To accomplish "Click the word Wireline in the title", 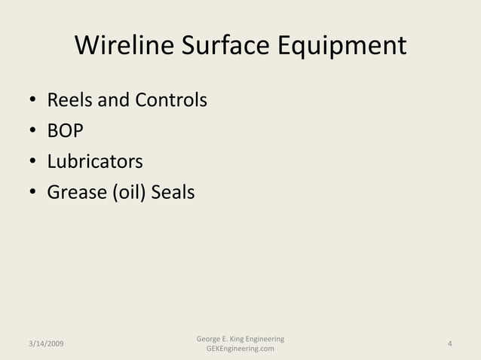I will tap(124, 47).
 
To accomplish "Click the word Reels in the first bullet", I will tap(68, 99).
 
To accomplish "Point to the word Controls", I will tap(170, 99).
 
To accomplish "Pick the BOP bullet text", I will tap(66, 131).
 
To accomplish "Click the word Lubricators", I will tap(95, 162).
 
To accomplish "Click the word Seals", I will tap(173, 193).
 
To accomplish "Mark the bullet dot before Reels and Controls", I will tap(34, 101).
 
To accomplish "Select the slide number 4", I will tap(449, 344).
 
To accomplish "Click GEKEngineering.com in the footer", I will tap(240, 349).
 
